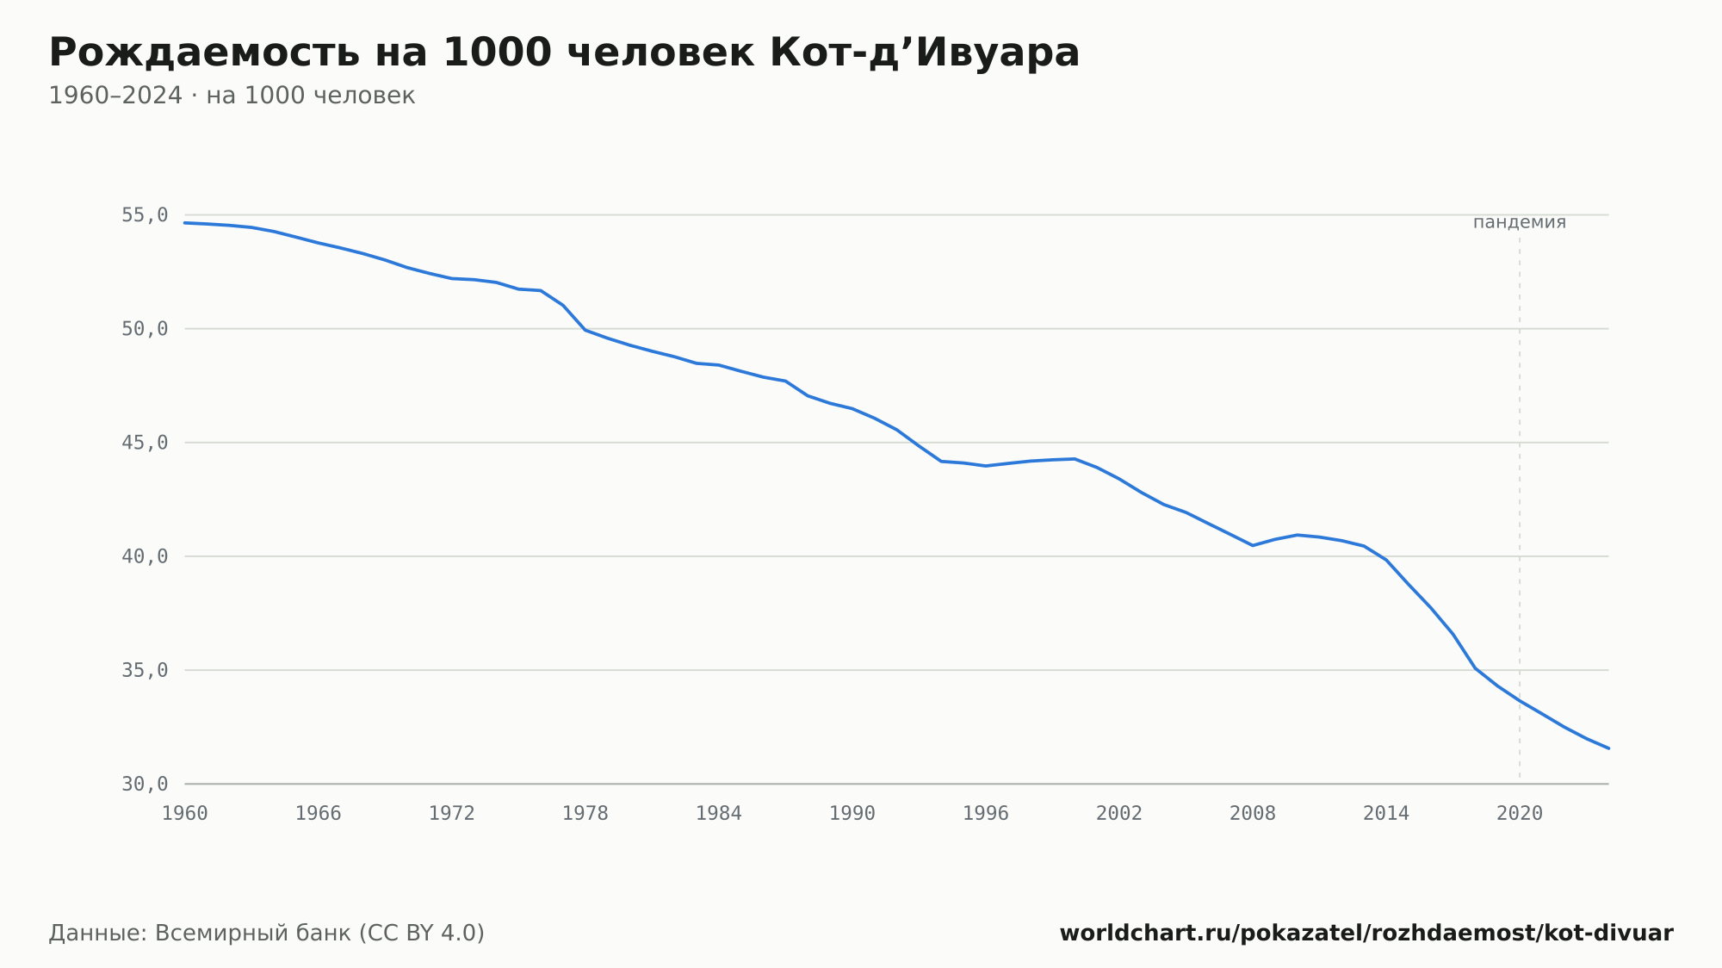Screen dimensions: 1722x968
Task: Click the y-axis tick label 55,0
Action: tap(145, 215)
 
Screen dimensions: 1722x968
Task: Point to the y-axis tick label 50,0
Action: tap(145, 329)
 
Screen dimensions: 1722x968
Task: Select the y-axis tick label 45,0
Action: tap(145, 443)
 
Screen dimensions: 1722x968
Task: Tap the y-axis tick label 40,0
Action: tap(145, 556)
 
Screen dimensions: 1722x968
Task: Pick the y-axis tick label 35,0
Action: tap(145, 670)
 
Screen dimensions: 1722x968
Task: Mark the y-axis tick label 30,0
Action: tap(145, 784)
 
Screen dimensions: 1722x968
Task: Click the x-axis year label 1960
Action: tap(185, 814)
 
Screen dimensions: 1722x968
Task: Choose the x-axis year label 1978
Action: tap(585, 814)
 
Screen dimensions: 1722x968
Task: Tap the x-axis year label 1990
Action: tap(852, 814)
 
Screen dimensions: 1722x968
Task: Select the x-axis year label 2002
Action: tap(1119, 814)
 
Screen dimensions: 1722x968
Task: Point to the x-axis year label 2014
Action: tap(1386, 814)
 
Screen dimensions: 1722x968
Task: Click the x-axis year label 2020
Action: tap(1520, 814)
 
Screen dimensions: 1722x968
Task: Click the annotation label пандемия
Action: tap(1520, 222)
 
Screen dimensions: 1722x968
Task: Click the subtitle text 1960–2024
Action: tap(115, 96)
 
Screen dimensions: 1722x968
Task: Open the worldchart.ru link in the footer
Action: tap(1366, 934)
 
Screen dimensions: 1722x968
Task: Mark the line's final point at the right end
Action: tap(1608, 748)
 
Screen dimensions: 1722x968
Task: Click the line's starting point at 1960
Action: tap(185, 223)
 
